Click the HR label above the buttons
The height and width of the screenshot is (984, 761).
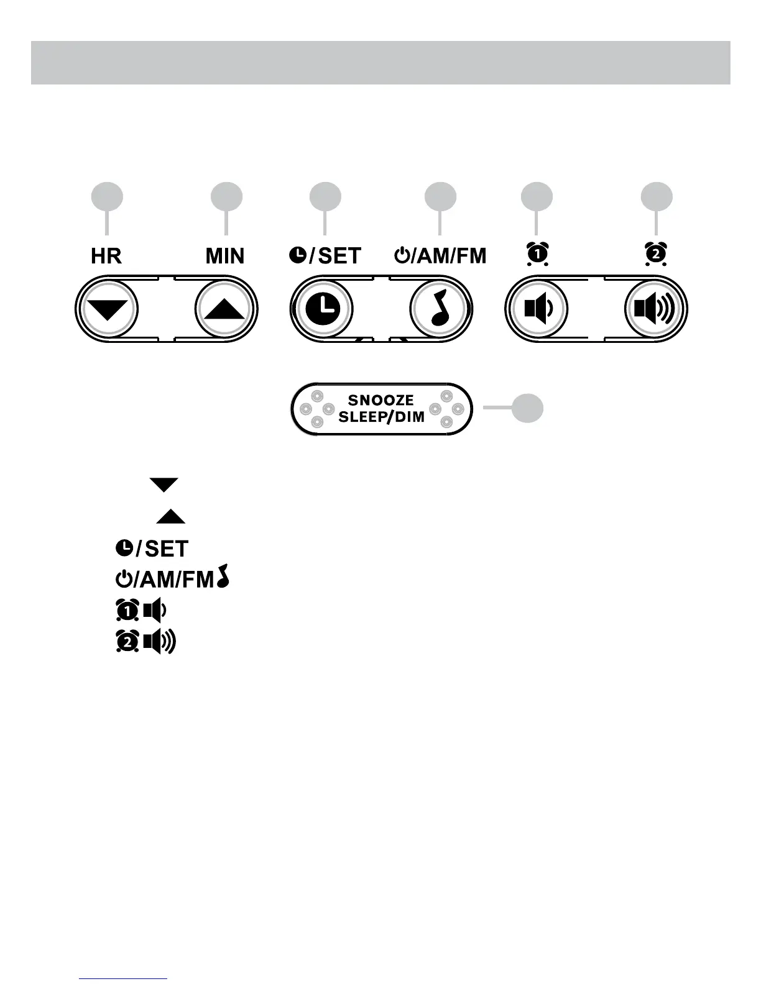[106, 256]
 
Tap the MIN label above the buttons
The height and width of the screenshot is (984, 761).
[225, 256]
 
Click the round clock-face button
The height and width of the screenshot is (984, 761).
[323, 309]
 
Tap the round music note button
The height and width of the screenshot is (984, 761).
[440, 309]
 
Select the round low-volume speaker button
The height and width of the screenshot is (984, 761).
[536, 309]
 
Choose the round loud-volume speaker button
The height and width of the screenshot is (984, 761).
[655, 309]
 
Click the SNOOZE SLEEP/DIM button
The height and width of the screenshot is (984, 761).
[382, 409]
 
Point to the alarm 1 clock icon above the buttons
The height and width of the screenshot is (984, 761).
[537, 253]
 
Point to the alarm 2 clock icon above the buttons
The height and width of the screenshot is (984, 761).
[656, 253]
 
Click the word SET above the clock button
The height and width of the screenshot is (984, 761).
[339, 256]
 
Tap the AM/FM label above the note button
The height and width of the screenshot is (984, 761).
[450, 256]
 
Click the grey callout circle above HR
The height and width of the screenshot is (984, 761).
[107, 198]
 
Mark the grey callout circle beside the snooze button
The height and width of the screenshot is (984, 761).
[527, 408]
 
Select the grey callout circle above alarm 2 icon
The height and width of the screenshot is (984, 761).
[657, 198]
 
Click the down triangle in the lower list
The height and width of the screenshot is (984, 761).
[164, 485]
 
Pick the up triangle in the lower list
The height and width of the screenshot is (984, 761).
[170, 516]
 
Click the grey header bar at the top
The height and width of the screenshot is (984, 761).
[380, 63]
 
